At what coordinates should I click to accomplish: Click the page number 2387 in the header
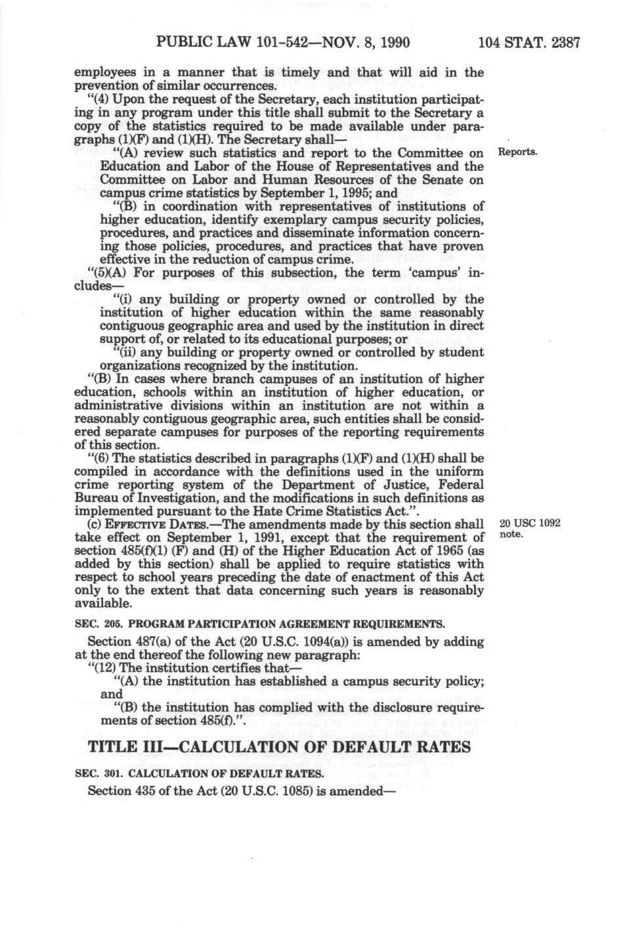point(563,44)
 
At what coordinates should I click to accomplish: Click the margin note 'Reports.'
point(519,152)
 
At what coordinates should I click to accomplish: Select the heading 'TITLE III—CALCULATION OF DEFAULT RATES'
point(279,747)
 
